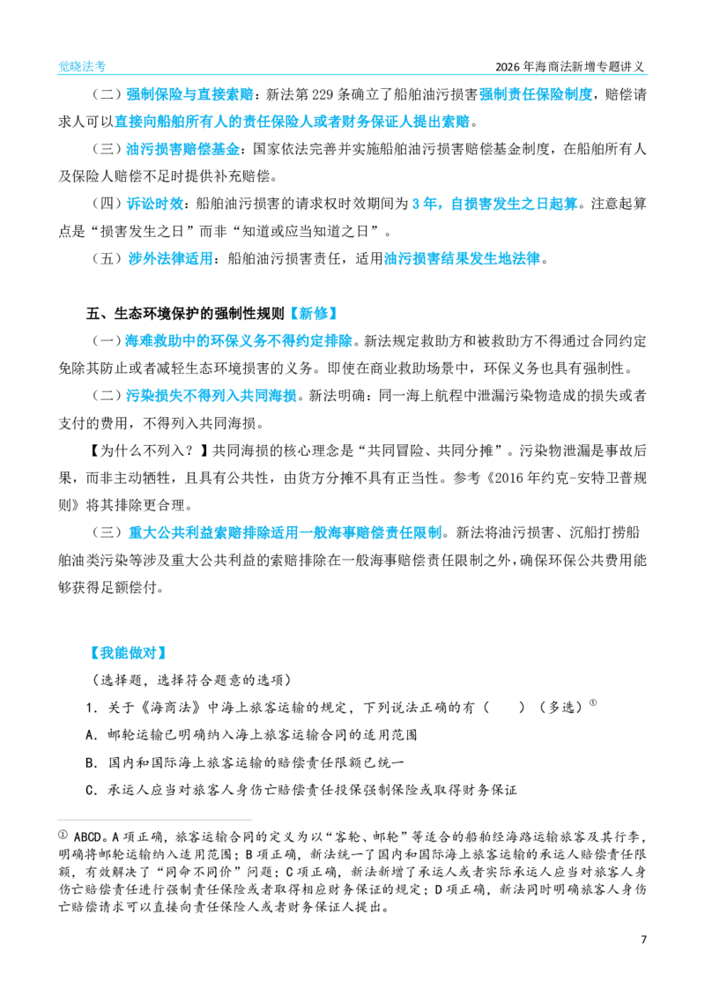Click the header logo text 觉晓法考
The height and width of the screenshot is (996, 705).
click(82, 66)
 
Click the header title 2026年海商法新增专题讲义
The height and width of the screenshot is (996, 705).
click(569, 67)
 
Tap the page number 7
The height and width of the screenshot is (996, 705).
click(643, 940)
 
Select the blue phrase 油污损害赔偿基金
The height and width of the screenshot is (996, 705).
click(183, 149)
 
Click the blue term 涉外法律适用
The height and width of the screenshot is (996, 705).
click(170, 258)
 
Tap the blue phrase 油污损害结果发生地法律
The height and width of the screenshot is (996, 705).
click(462, 258)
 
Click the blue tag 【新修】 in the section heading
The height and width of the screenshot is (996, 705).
click(313, 313)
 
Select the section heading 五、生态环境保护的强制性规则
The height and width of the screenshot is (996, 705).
click(185, 313)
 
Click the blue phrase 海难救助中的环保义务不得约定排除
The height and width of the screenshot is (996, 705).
click(238, 341)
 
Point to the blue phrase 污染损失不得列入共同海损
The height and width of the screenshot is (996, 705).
click(211, 396)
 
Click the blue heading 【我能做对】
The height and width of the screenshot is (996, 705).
click(128, 652)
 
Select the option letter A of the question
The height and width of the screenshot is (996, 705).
click(90, 735)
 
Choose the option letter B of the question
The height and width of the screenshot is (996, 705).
click(90, 762)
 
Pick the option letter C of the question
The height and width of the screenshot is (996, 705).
click(90, 790)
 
